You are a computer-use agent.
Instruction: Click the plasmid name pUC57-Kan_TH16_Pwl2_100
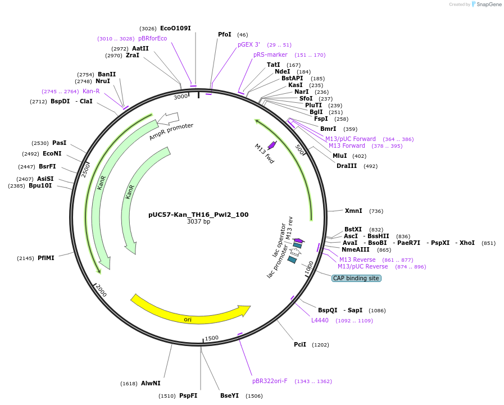198,215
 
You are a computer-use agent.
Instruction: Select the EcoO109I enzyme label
175,28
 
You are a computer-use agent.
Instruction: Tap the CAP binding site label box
356,278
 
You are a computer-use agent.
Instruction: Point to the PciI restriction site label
300,344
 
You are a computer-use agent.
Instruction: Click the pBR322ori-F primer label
270,381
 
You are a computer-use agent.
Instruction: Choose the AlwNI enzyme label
151,383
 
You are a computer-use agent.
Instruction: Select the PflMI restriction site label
46,258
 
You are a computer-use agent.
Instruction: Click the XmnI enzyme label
353,211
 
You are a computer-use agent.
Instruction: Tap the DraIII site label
347,166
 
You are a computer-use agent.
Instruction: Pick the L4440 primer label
320,320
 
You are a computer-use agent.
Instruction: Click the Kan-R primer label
91,91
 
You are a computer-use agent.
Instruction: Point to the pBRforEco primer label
152,38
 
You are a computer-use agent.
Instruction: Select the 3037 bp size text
198,222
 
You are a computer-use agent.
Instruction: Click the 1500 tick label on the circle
212,338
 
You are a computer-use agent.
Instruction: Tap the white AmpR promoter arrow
168,118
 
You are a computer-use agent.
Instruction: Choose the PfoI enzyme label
225,34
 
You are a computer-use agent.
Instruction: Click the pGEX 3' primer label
249,44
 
